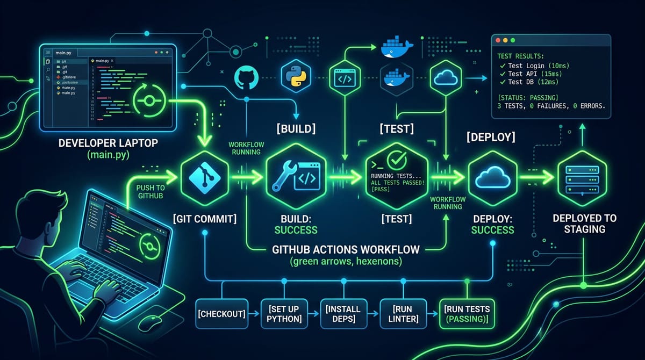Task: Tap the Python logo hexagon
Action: click(295, 77)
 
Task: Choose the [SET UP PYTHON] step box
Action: click(282, 313)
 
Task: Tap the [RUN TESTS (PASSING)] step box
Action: click(467, 313)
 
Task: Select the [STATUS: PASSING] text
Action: click(528, 97)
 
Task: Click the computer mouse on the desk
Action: click(154, 323)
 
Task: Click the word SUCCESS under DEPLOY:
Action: click(492, 229)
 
